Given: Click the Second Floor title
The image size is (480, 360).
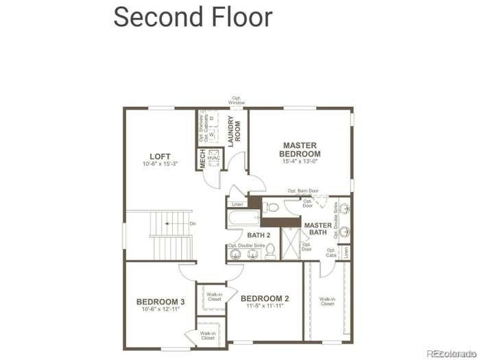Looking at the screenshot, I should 193,16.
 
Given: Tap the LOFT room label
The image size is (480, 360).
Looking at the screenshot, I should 160,156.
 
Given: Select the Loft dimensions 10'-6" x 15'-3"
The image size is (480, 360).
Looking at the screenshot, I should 160,165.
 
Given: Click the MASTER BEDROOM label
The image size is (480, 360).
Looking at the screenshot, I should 300,149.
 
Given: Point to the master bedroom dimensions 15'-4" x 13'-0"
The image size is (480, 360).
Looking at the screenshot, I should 300,162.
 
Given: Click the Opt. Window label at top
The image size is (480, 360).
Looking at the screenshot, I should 237,100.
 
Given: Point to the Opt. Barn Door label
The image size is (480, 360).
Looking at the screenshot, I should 303,191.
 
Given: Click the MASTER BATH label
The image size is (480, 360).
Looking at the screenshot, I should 318,229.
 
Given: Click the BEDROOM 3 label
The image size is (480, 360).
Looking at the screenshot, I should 160,302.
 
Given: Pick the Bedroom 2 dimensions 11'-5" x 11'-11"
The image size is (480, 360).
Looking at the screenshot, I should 264,306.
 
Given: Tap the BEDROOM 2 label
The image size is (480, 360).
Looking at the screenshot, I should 264,298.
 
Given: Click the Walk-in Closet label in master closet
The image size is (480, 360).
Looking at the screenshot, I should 327,301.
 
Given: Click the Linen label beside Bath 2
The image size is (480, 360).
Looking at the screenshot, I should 237,204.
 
